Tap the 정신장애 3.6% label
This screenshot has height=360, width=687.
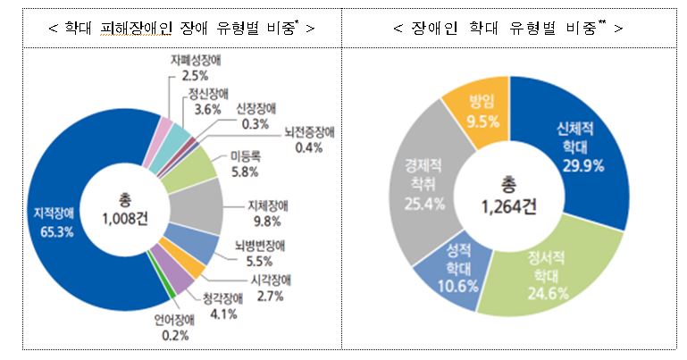coord(206,102)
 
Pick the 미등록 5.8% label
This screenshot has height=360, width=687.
coord(244,163)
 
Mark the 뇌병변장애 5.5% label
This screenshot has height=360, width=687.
coord(266,252)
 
